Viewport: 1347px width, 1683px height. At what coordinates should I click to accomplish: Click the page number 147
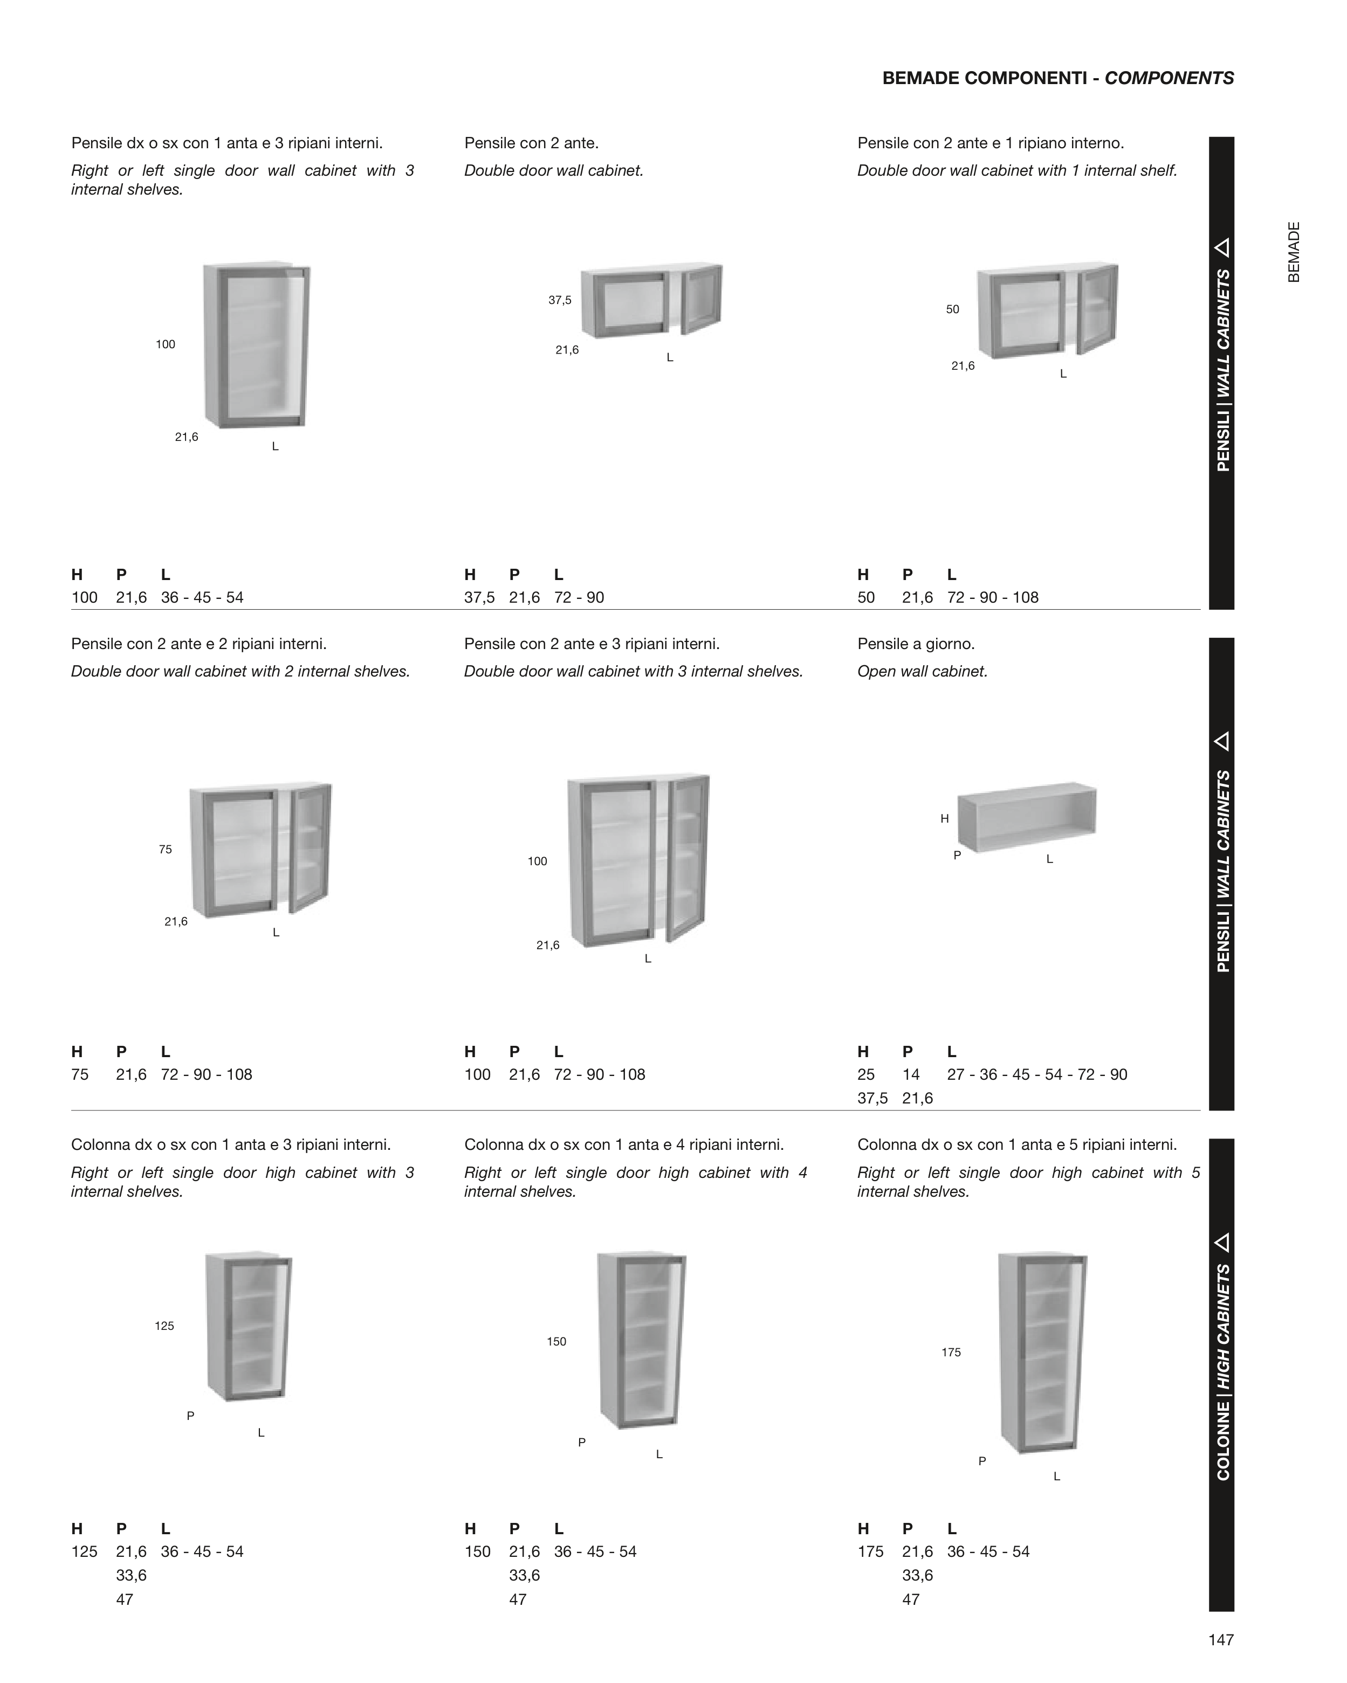[1220, 1640]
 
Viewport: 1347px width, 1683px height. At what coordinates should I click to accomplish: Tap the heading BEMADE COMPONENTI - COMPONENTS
[1058, 78]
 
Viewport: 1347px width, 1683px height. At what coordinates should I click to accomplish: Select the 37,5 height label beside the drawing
[560, 300]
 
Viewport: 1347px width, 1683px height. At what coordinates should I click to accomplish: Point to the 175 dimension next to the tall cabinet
[951, 1352]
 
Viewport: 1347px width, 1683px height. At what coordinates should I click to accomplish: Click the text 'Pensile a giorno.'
[916, 644]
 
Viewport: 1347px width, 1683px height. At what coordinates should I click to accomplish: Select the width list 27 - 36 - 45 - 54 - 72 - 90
[1037, 1074]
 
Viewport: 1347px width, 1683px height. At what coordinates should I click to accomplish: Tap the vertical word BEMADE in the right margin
[1294, 252]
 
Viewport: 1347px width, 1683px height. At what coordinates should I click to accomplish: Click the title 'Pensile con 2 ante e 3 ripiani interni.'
[592, 644]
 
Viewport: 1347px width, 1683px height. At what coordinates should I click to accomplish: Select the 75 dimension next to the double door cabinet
[166, 849]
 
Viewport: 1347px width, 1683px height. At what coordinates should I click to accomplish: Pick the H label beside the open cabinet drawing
[945, 819]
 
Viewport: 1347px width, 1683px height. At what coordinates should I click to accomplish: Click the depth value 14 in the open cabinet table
[911, 1074]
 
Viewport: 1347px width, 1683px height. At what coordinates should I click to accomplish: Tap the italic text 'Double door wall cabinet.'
[554, 170]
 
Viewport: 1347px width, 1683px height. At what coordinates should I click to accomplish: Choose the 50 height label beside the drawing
[953, 309]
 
